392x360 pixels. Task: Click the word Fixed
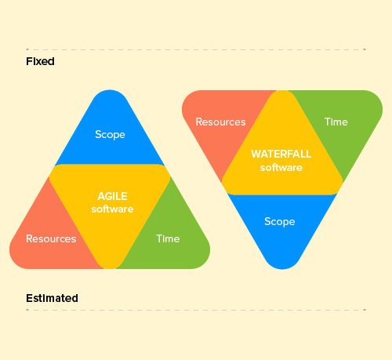(x=40, y=61)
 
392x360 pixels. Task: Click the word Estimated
(x=52, y=298)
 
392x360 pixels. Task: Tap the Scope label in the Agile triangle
(x=110, y=135)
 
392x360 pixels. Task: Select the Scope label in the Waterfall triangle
(x=280, y=222)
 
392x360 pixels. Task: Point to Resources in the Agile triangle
(x=51, y=238)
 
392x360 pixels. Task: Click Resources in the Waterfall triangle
(x=221, y=122)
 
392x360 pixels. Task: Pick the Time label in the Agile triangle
(x=168, y=238)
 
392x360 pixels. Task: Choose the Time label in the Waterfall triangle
(x=336, y=122)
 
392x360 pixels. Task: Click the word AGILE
(x=112, y=196)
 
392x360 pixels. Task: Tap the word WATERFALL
(x=281, y=154)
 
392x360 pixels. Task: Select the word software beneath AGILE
(x=112, y=209)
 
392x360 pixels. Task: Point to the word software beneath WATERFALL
(x=281, y=168)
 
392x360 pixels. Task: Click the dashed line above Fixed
(x=196, y=49)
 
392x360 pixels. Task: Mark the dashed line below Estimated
(x=196, y=310)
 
